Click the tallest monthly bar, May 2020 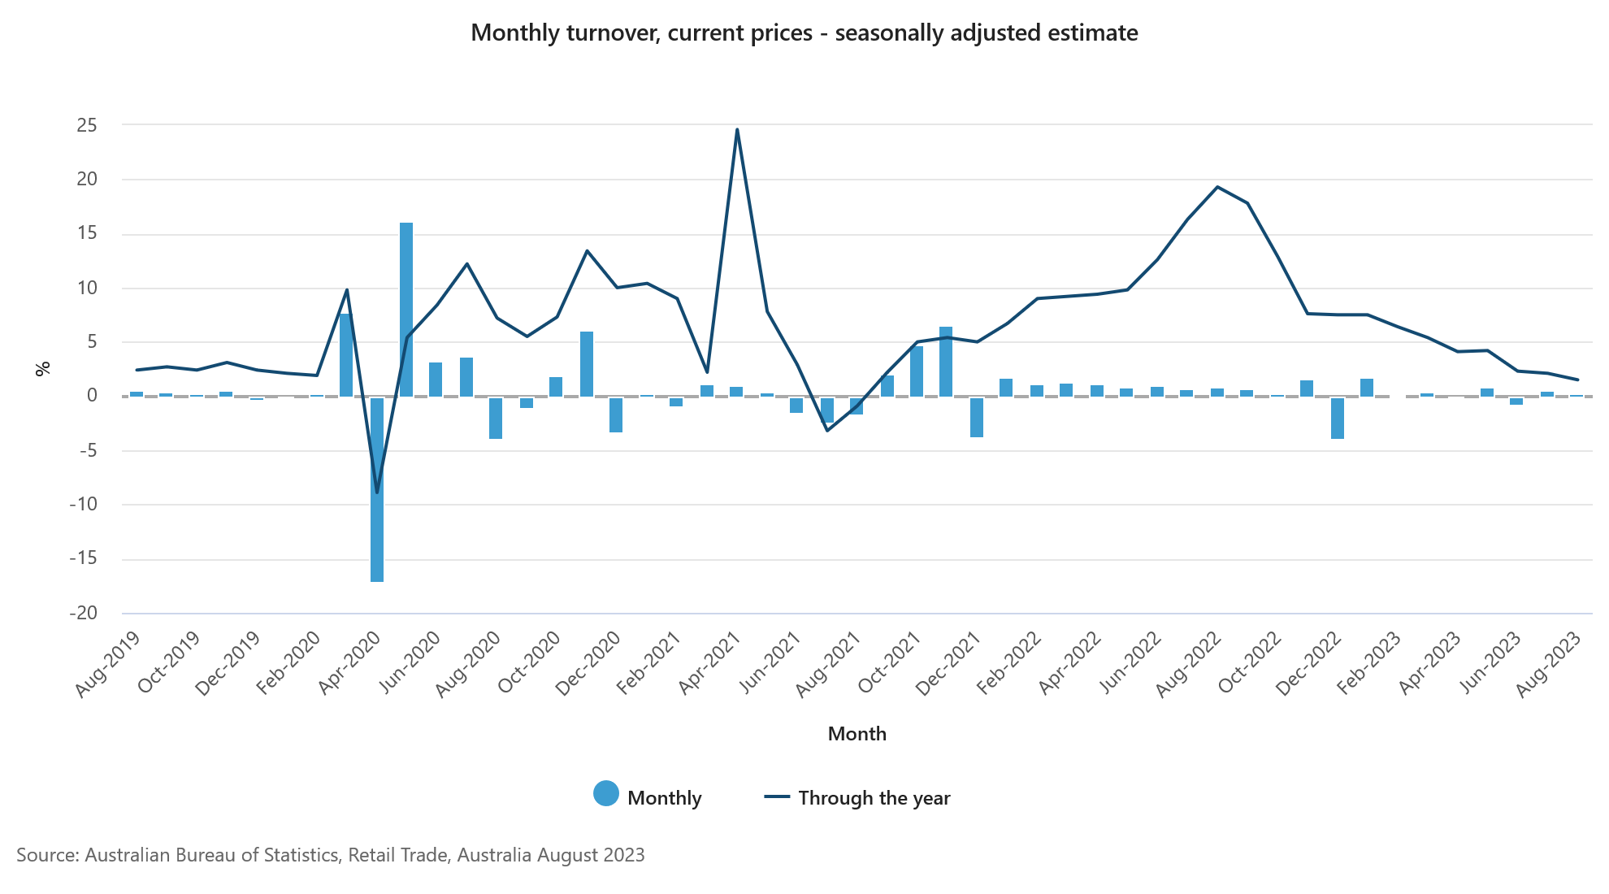tap(406, 309)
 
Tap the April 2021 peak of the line tap(737, 129)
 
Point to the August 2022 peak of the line tap(1217, 187)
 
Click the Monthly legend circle tap(606, 794)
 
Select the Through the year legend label tap(874, 798)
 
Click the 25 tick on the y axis tap(87, 125)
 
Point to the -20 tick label tap(83, 613)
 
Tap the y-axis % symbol tap(43, 369)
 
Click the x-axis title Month tap(857, 734)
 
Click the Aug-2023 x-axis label tap(1550, 664)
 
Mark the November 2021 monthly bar tap(946, 362)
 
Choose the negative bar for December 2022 tap(1337, 418)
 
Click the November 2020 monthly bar tap(587, 364)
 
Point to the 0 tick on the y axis tap(92, 396)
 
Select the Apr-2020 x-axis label tap(349, 664)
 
